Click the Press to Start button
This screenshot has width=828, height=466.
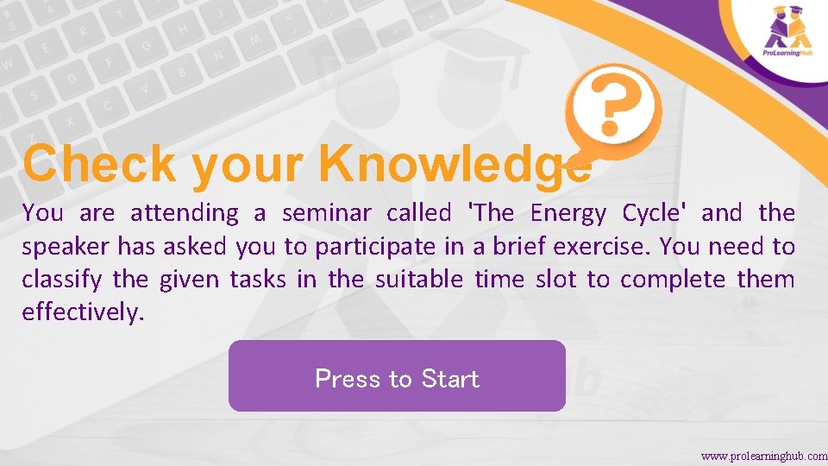point(397,377)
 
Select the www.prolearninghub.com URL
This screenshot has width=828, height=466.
point(764,456)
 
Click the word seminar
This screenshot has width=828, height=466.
point(327,213)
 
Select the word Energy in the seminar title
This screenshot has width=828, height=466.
point(568,213)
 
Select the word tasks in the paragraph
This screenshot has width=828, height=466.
point(263,280)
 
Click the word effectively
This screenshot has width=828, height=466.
point(81,312)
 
